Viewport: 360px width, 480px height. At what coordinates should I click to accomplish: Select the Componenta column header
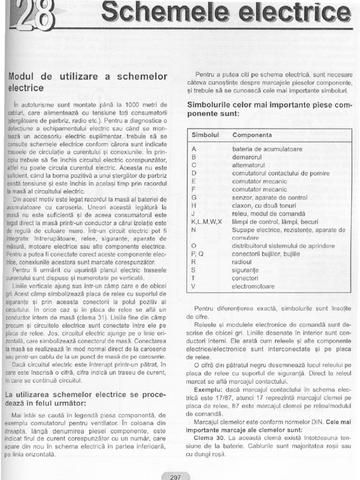(252, 135)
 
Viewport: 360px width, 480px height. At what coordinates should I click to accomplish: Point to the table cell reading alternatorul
(249, 165)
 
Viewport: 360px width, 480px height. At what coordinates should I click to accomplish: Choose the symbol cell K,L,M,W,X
(207, 221)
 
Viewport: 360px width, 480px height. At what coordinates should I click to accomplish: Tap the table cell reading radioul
(242, 262)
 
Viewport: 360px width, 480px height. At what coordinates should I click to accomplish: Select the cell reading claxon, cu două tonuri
(265, 205)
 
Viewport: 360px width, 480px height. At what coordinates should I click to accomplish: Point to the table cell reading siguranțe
(245, 270)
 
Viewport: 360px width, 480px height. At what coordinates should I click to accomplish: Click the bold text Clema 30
(207, 438)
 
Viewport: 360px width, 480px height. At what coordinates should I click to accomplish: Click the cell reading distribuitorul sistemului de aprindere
(284, 246)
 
